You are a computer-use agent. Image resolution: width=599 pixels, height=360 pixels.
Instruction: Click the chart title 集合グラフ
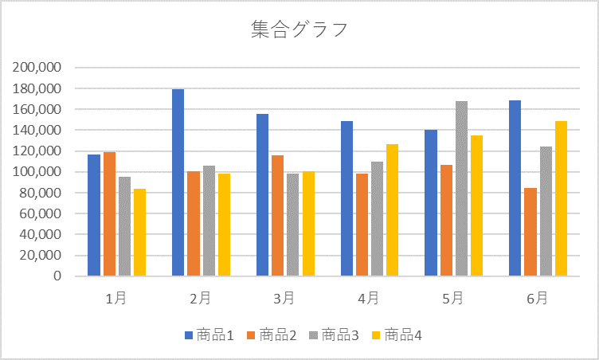tap(299, 30)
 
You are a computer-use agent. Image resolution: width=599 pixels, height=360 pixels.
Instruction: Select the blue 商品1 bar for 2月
tap(178, 182)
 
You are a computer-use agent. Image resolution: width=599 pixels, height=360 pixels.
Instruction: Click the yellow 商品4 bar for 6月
tap(561, 198)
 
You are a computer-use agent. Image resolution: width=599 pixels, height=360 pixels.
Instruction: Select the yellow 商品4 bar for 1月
tap(139, 232)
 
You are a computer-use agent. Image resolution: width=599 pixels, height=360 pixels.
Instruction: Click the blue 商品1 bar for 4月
tap(346, 198)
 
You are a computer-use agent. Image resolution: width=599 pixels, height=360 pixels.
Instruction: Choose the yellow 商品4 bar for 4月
tap(392, 209)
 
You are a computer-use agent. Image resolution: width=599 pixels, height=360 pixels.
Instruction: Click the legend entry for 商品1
tap(209, 335)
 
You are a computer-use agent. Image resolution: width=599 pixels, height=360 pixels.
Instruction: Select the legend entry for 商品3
tap(335, 335)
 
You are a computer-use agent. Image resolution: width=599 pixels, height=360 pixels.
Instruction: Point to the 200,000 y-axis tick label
tap(37, 68)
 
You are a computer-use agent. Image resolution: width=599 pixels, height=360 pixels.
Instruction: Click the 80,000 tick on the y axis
tap(41, 193)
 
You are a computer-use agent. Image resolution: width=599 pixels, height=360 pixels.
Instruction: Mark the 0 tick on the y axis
tap(57, 276)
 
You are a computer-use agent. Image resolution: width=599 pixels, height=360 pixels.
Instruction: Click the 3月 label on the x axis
tap(284, 299)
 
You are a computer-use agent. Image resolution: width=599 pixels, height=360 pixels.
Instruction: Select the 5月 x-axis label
tap(452, 299)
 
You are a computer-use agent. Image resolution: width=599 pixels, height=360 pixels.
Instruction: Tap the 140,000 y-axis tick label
tap(37, 130)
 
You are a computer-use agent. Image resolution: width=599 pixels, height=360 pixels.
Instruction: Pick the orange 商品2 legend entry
tap(272, 335)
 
